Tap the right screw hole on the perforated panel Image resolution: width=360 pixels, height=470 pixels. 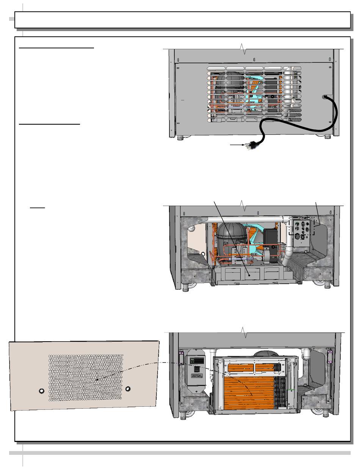(128, 389)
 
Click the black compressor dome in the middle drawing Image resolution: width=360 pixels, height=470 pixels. (231, 237)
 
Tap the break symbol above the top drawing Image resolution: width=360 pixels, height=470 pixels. (244, 49)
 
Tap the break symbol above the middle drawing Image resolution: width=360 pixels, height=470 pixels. (244, 206)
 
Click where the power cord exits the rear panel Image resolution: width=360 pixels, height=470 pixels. (325, 97)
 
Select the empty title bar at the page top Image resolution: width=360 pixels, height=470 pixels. (182, 20)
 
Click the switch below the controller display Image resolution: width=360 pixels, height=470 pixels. (197, 369)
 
